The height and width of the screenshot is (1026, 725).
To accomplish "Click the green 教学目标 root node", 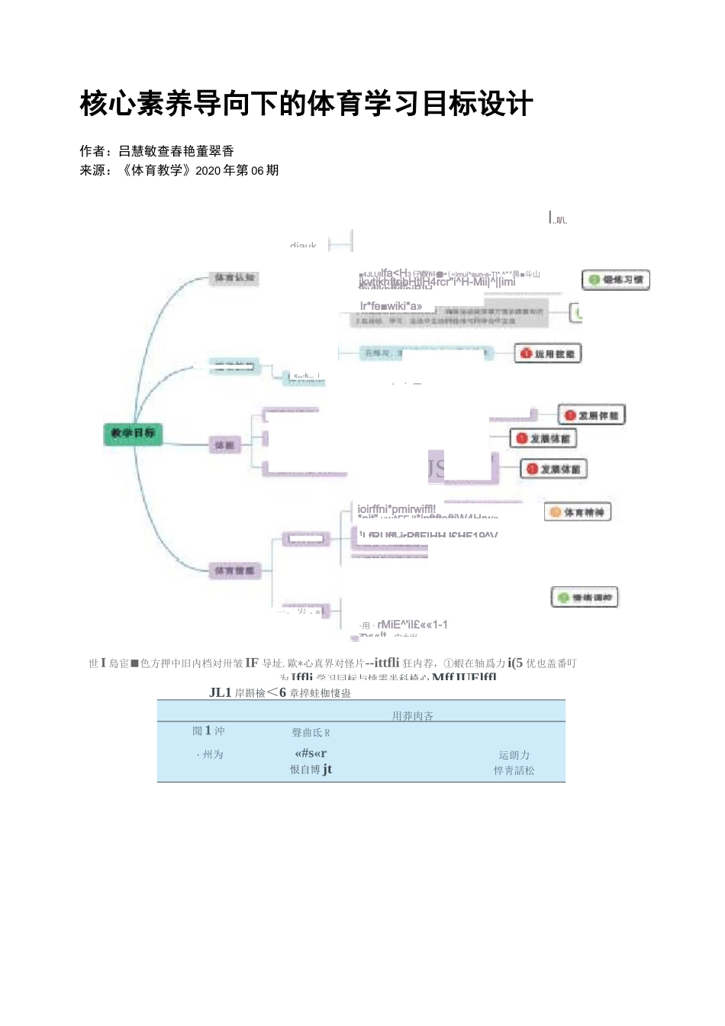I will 133,434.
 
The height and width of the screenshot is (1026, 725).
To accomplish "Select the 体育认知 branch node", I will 234,279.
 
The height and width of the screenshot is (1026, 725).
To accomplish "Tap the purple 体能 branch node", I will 224,445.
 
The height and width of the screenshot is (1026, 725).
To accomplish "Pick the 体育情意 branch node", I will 234,571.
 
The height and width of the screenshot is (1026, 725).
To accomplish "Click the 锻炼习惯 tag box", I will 616,280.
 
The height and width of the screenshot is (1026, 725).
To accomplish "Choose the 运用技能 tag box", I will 549,353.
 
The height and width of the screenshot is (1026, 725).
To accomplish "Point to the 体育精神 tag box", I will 578,512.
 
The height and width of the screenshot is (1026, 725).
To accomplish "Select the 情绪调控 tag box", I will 585,598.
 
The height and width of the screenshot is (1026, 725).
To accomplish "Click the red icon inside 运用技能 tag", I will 526,353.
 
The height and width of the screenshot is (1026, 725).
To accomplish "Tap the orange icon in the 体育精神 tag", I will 555,512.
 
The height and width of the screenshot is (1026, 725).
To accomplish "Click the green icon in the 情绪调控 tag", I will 563,598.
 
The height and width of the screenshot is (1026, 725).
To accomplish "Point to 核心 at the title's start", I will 108,104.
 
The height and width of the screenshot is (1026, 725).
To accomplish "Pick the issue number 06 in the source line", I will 257,170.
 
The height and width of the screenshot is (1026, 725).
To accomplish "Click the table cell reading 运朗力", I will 514,755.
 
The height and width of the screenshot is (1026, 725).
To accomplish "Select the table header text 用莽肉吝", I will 413,716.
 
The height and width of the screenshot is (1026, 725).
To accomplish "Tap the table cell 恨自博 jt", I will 311,769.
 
